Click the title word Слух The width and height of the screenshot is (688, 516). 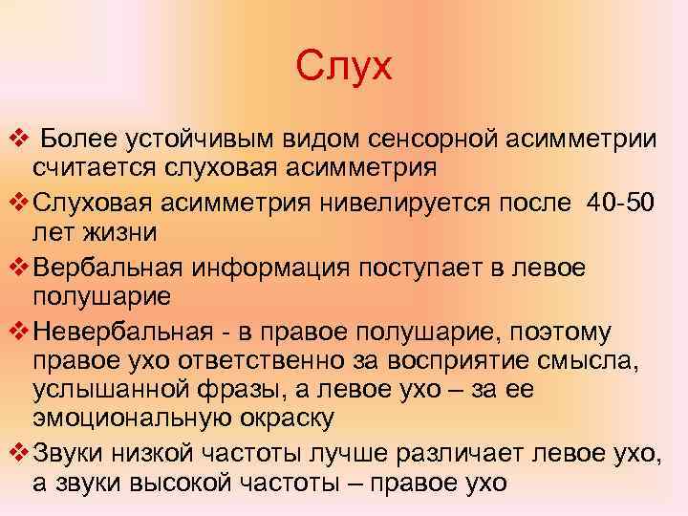click(344, 68)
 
